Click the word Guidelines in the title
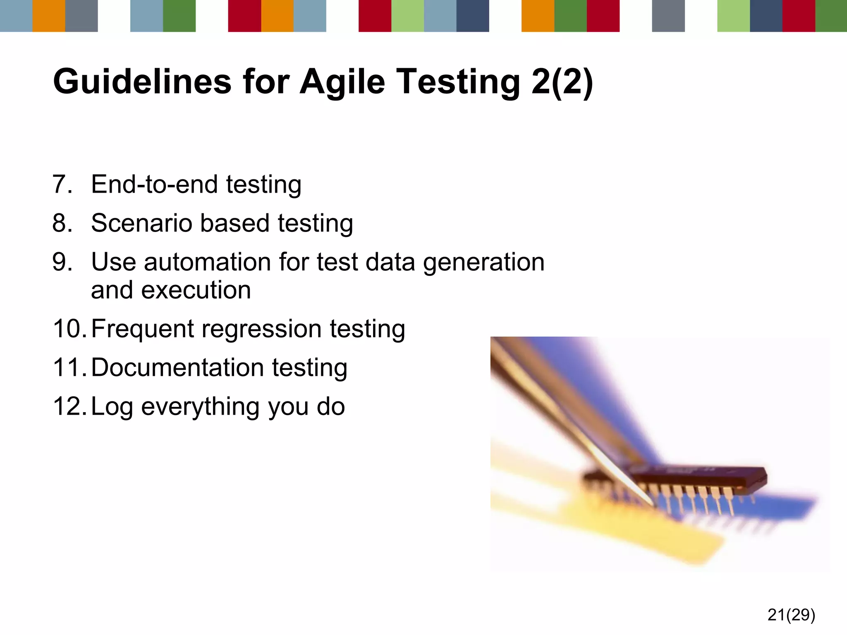coord(142,82)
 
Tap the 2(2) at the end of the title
coord(562,82)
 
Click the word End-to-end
coord(154,184)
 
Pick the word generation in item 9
coord(483,263)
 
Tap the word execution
coord(196,290)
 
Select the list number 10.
coord(69,329)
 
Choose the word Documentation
coord(177,368)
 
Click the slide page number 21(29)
coord(791,615)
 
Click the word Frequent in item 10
coord(142,329)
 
